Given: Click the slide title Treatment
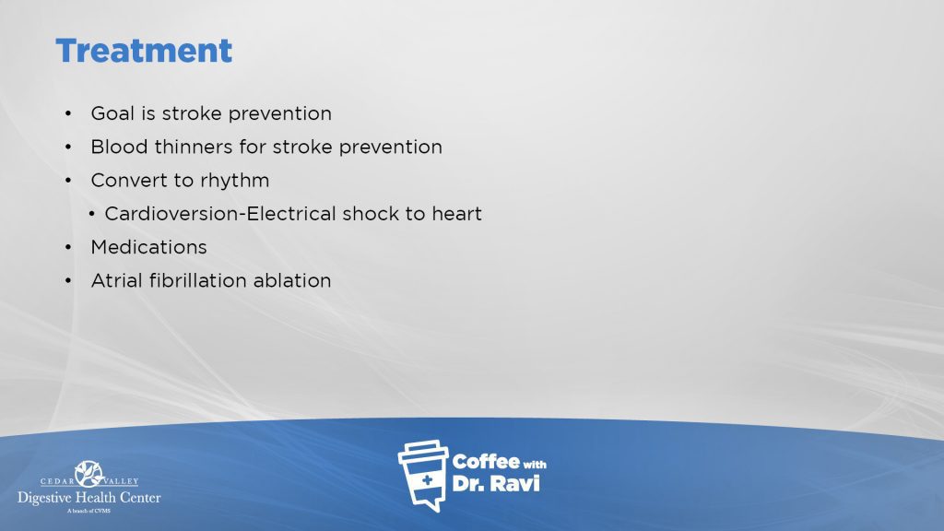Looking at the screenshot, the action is tap(144, 51).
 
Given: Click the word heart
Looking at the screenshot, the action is tap(457, 214).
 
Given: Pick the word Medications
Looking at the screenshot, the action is tap(148, 247).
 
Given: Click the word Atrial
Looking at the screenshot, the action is tap(117, 280).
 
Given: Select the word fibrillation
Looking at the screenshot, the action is tap(198, 280).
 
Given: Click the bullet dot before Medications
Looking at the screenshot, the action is tap(68, 247).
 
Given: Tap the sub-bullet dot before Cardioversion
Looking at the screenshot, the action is tap(91, 214).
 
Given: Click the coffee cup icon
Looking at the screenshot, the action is tap(423, 476).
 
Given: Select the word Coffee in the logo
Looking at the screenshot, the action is tap(486, 462).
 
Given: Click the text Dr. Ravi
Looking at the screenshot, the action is tap(496, 483).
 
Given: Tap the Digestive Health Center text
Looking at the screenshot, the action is tap(89, 498).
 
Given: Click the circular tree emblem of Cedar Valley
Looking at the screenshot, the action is tap(89, 474).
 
